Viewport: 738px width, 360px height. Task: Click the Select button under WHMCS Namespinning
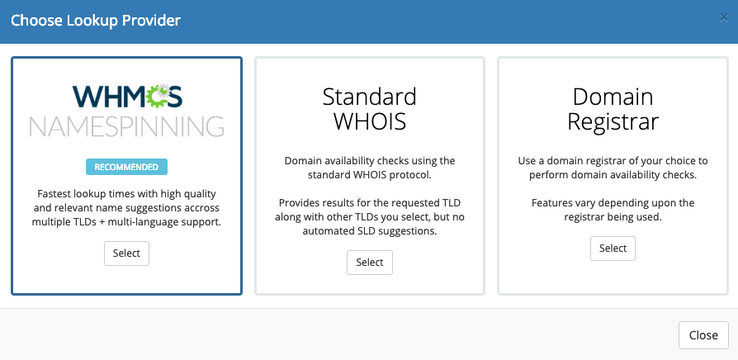point(126,253)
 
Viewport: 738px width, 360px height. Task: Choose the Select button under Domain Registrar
point(613,248)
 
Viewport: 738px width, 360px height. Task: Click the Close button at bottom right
point(703,335)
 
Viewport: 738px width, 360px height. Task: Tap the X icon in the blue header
point(723,18)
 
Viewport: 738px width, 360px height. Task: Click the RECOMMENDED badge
point(126,167)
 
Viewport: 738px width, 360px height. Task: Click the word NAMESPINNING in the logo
point(126,126)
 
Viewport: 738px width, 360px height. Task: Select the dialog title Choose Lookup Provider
point(96,21)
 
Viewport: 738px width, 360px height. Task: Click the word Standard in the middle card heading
point(370,97)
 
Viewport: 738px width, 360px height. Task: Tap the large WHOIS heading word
point(370,121)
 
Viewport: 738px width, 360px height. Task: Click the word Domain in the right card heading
point(613,97)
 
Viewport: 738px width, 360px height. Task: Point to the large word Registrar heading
point(613,121)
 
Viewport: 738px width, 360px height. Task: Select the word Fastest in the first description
point(54,193)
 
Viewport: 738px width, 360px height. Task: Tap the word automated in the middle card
point(324,231)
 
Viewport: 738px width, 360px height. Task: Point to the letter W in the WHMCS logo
point(86,96)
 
